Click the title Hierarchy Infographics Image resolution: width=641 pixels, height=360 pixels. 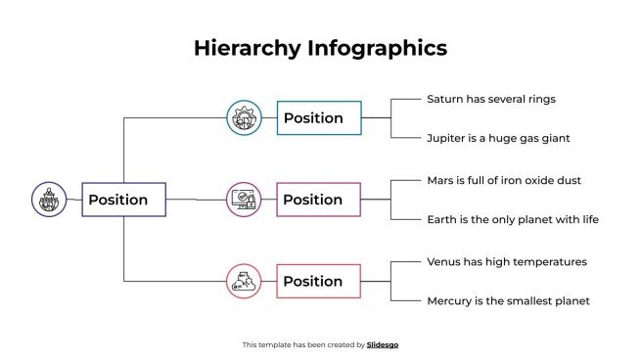[320, 47]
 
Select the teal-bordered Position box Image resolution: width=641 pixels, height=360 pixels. [319, 118]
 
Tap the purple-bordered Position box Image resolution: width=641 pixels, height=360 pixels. [319, 200]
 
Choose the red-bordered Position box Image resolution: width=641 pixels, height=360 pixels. [319, 281]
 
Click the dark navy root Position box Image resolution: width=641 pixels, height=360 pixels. [123, 200]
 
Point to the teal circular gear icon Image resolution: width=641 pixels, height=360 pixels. [244, 118]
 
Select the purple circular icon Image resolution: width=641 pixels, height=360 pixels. [244, 200]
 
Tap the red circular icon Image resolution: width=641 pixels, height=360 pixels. [244, 281]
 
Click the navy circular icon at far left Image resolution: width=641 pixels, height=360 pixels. [48, 200]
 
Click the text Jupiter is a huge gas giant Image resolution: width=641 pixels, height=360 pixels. [498, 138]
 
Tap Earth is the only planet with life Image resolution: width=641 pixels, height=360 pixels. [512, 219]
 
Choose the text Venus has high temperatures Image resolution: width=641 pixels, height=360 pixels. [507, 261]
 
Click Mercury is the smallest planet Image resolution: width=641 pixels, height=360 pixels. [508, 300]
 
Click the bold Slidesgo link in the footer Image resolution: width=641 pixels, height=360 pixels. [383, 344]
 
